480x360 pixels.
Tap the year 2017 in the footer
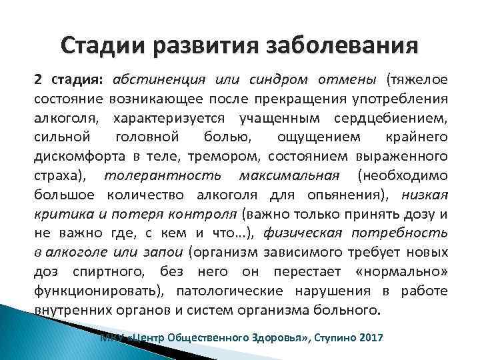(369, 338)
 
